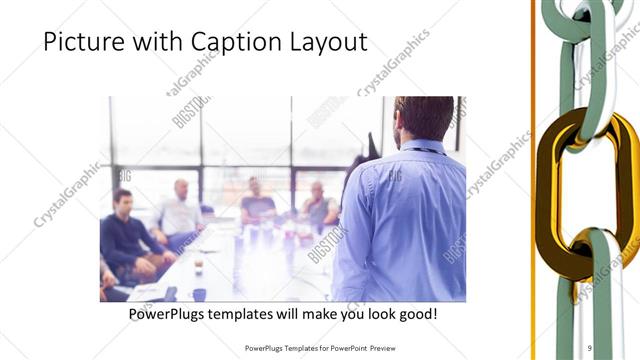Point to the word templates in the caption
pyautogui.click(x=253, y=315)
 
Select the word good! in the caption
pyautogui.click(x=414, y=315)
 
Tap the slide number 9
pyautogui.click(x=591, y=348)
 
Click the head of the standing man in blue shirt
pyautogui.click(x=423, y=118)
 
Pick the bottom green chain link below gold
pyautogui.click(x=600, y=290)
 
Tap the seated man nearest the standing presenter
pyautogui.click(x=320, y=208)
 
